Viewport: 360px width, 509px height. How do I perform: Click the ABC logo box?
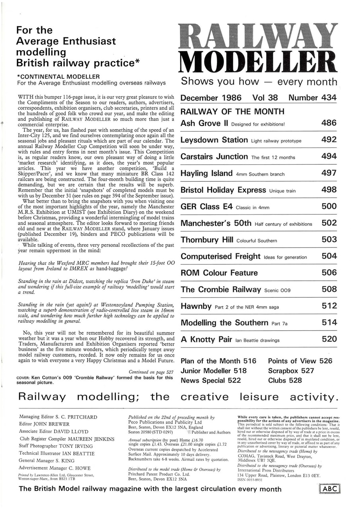tap(330, 489)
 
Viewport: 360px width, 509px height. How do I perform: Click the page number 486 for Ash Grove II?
tap(329, 123)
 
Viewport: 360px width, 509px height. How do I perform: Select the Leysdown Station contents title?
tap(214, 140)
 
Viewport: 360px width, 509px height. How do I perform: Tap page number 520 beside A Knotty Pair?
tap(329, 339)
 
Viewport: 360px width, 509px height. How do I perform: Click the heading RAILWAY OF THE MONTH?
tap(232, 111)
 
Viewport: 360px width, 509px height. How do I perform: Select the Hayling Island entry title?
tap(206, 173)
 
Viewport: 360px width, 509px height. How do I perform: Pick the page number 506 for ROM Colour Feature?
tap(329, 273)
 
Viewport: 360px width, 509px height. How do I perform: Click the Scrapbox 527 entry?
tap(291, 371)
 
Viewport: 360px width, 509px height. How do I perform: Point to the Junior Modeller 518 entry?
tap(214, 371)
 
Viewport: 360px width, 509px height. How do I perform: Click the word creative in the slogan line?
tap(204, 397)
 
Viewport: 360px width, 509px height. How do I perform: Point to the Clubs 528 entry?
tap(285, 380)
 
